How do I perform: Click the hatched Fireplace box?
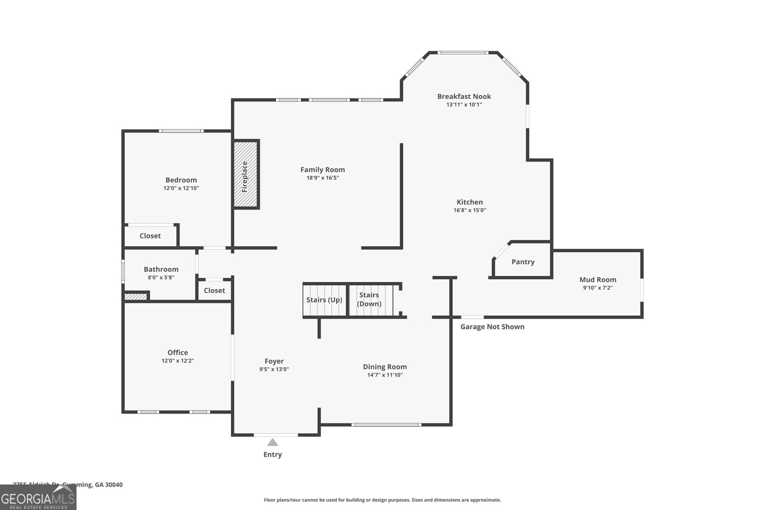coord(246,174)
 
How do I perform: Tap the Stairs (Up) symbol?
coord(324,300)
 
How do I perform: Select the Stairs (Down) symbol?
coord(370,300)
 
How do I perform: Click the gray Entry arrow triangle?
coord(273,442)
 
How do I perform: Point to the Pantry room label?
coord(523,262)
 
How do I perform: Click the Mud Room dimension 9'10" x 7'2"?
coord(598,288)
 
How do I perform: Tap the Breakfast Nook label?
coord(464,96)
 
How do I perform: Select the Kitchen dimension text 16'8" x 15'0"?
coord(470,210)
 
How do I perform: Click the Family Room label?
coord(322,170)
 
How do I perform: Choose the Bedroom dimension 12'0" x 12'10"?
coord(181,188)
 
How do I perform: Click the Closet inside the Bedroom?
coord(150,236)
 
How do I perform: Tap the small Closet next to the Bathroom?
coord(214,291)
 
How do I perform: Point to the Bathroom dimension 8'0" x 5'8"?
coord(161,277)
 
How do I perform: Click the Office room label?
coord(177,353)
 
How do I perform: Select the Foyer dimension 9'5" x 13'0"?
coord(274,369)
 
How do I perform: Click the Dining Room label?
coord(384,367)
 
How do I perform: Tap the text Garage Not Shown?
coord(492,326)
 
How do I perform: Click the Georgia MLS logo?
coord(38,498)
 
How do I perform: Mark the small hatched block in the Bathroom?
coord(136,297)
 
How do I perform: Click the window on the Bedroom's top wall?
coord(181,130)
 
